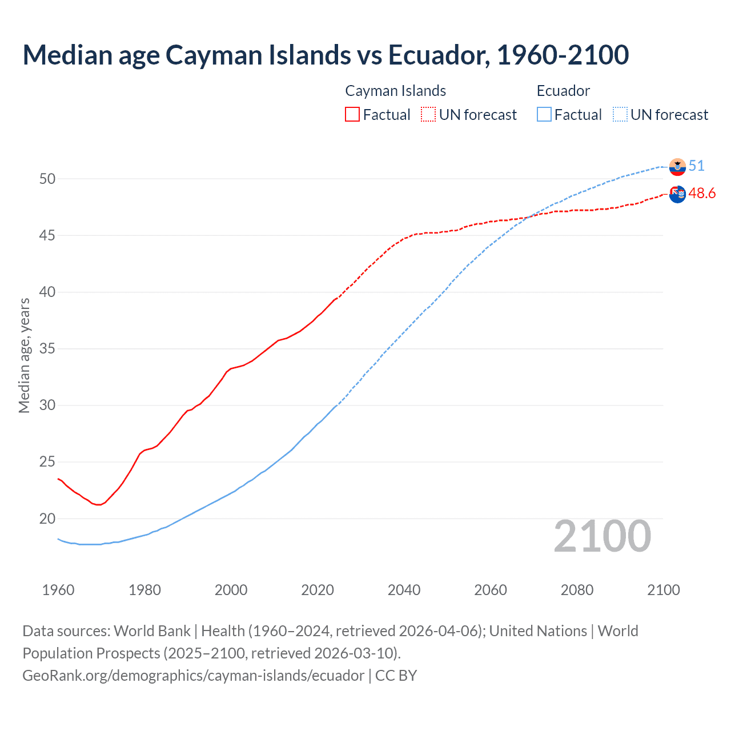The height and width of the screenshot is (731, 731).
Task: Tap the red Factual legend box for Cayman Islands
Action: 352,115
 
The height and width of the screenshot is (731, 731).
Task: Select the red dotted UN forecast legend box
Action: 428,115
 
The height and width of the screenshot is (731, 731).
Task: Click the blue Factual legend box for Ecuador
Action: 544,115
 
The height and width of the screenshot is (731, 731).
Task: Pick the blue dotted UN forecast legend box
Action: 620,115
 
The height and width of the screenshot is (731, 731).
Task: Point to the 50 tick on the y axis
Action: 47,179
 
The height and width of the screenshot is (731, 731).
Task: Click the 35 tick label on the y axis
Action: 47,348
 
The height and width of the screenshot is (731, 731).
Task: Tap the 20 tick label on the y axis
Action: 47,519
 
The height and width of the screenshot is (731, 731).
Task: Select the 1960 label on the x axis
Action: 58,590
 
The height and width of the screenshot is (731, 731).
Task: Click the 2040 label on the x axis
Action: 404,590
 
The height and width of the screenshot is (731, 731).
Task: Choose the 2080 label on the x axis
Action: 577,590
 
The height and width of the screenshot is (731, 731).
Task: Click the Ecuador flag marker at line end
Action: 677,167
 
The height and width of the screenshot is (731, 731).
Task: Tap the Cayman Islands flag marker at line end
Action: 677,194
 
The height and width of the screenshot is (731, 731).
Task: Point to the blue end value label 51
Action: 696,166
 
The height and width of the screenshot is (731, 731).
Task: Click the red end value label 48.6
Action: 702,194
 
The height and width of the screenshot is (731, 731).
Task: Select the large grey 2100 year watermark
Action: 602,536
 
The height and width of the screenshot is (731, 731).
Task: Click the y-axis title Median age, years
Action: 24,355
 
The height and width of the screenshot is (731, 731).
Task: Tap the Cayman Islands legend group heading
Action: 395,91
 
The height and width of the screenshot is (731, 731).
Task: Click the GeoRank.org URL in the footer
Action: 193,676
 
